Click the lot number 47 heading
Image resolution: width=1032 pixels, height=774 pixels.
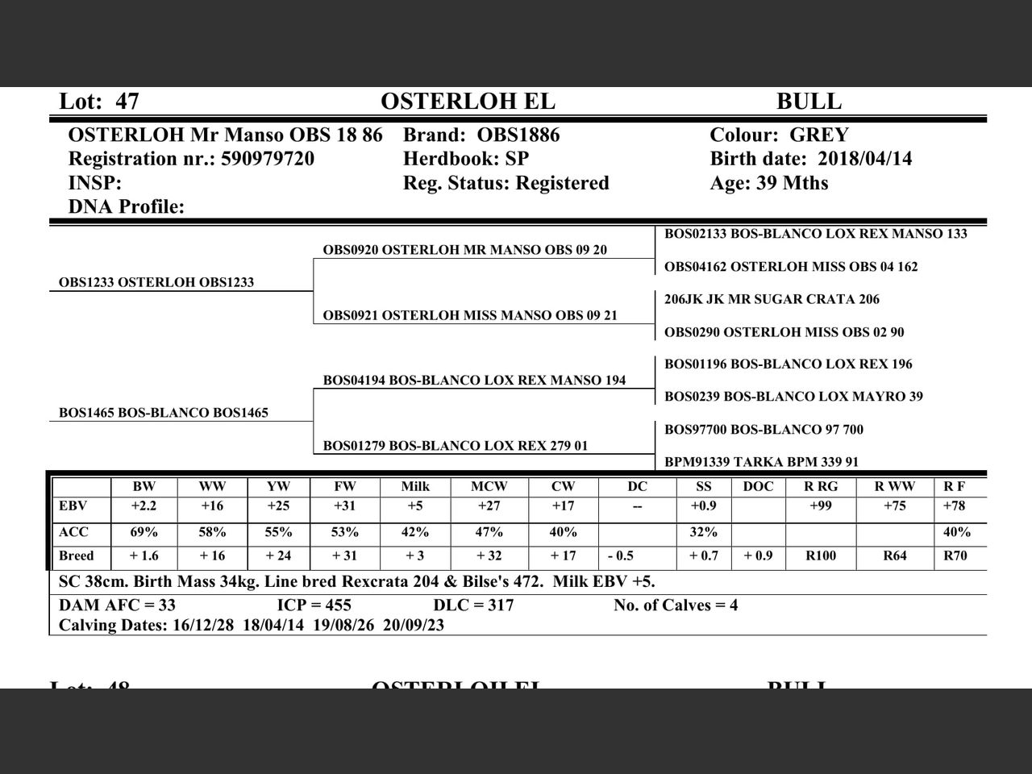click(99, 102)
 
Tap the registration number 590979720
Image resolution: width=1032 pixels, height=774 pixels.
click(267, 159)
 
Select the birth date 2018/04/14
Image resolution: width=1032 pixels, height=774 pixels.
click(864, 159)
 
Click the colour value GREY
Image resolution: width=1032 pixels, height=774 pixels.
click(818, 135)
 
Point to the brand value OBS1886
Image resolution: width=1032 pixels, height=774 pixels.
click(518, 135)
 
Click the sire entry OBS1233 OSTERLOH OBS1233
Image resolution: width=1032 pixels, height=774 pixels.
click(156, 282)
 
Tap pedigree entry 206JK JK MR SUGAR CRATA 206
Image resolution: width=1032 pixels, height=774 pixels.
click(772, 299)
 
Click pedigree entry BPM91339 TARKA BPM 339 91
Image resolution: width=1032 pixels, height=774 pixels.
click(761, 462)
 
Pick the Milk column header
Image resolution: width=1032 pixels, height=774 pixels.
click(415, 486)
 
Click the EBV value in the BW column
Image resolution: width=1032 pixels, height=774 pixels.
click(144, 506)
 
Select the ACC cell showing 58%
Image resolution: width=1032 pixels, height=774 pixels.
click(212, 532)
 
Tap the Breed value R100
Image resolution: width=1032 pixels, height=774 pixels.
click(820, 556)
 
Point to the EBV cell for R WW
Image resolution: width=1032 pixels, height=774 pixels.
click(894, 506)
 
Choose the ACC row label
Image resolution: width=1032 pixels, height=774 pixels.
click(74, 532)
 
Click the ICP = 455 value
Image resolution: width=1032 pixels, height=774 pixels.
click(314, 605)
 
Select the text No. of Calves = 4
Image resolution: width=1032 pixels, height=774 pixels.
click(676, 605)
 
